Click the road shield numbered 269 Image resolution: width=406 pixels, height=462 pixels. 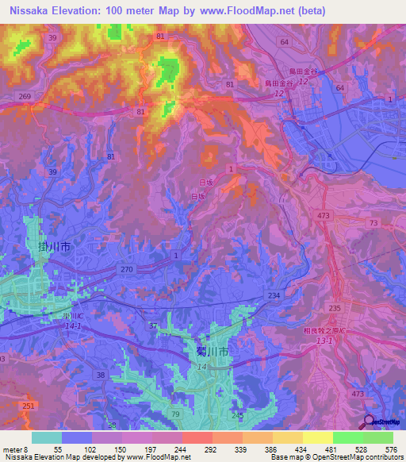tap(25, 96)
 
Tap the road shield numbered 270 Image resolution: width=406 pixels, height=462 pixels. tap(128, 269)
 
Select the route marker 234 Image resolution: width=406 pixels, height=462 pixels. tap(274, 295)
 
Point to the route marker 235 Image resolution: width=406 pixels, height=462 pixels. tap(334, 308)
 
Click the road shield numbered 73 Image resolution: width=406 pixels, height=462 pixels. tap(373, 225)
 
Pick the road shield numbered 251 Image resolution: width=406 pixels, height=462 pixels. tap(29, 406)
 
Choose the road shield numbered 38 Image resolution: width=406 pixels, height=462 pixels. tap(101, 375)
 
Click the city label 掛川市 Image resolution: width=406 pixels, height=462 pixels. tap(55, 248)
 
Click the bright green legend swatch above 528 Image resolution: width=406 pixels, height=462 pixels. tap(348, 437)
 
